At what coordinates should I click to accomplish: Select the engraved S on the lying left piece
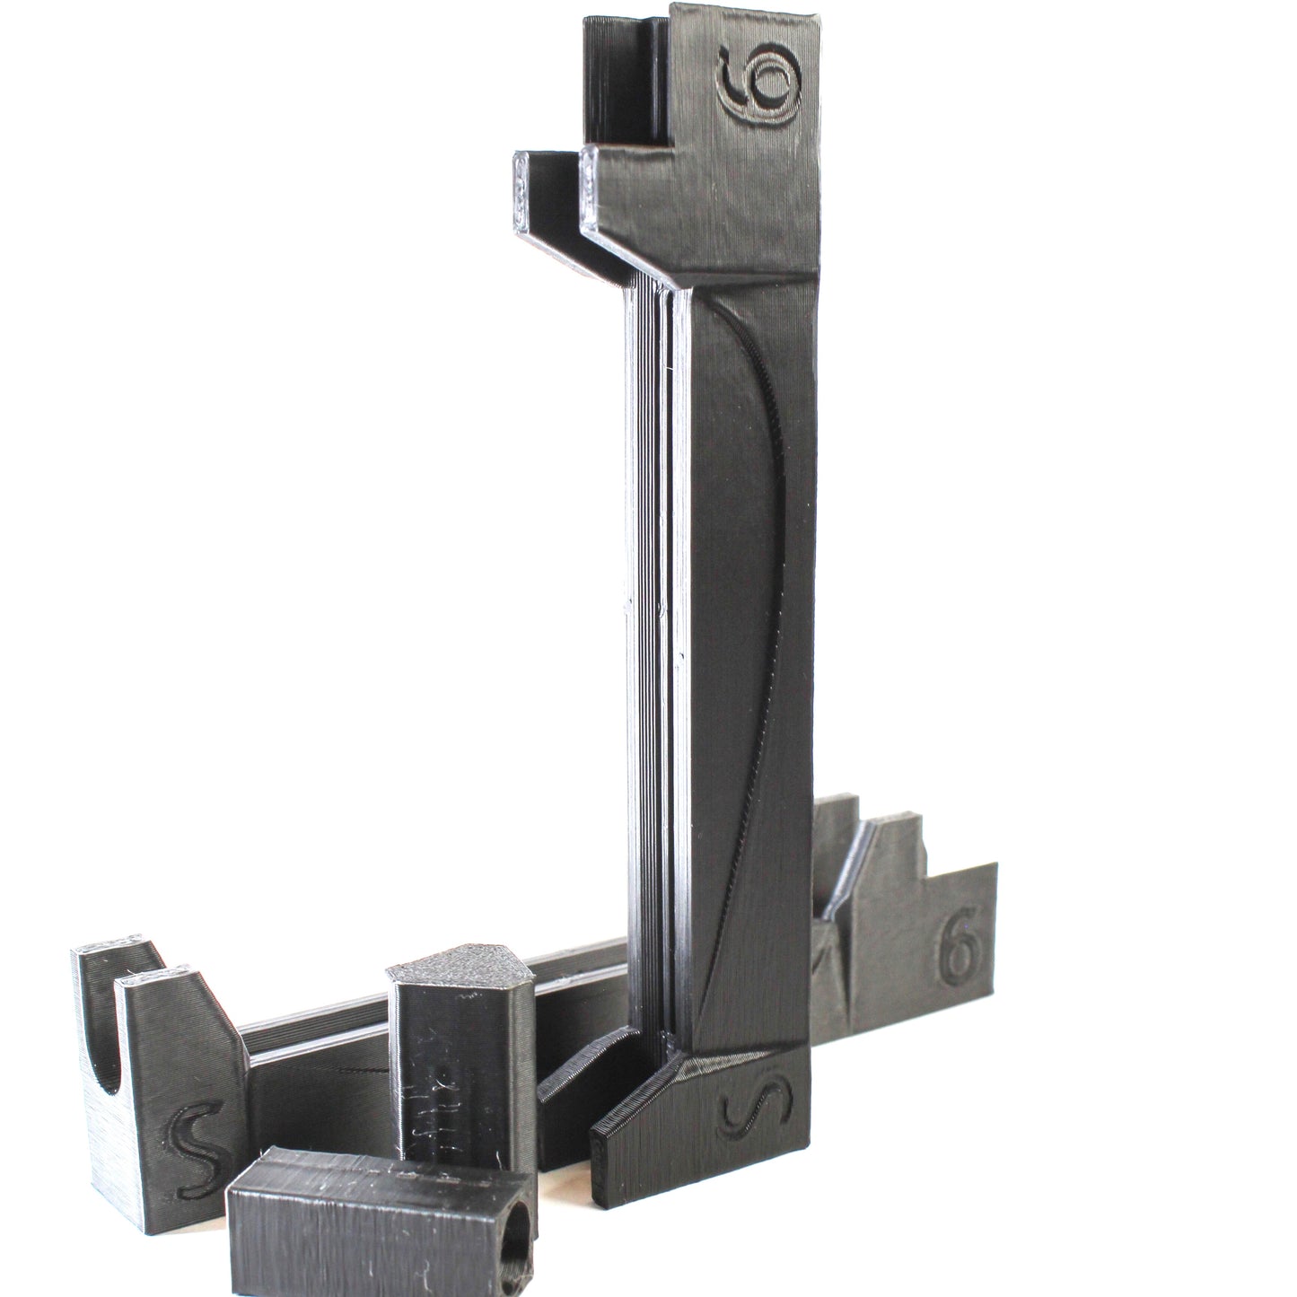190,1134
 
